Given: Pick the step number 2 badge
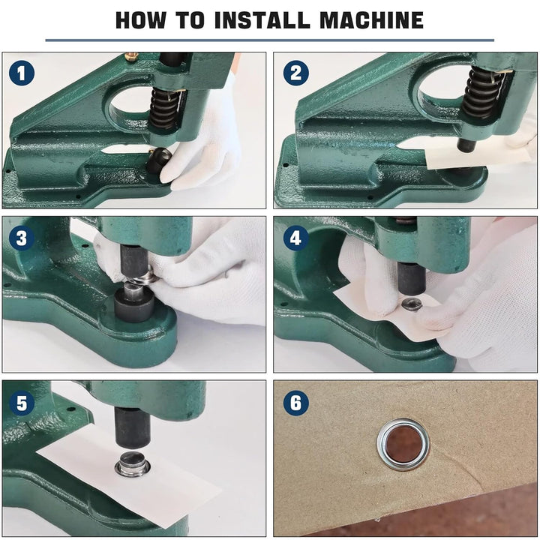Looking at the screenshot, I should click(295, 73).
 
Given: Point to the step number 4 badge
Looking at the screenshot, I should click(295, 238).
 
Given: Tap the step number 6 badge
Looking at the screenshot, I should click(295, 403).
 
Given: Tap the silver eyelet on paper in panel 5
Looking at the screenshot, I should click(132, 466).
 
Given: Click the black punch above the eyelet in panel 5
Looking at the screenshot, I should click(132, 427).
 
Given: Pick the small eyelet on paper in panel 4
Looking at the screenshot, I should click(412, 304).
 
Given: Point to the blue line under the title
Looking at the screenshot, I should click(269, 40).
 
